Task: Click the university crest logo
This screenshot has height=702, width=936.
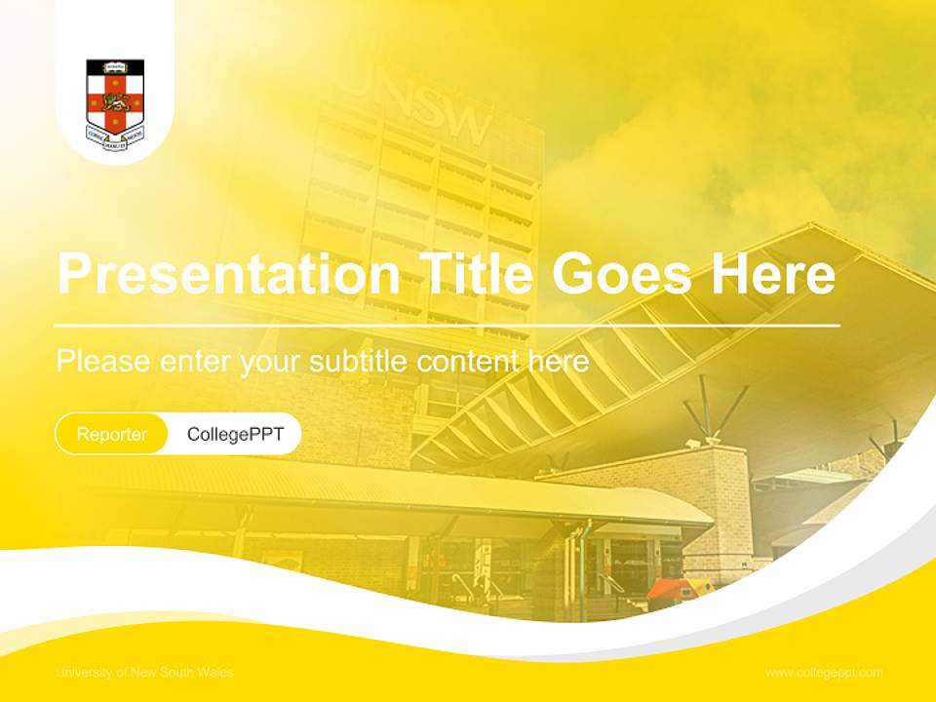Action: (x=115, y=97)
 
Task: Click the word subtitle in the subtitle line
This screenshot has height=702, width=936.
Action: (x=359, y=362)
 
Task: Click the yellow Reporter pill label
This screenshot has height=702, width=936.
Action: (x=112, y=434)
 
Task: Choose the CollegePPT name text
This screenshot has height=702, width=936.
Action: (x=235, y=434)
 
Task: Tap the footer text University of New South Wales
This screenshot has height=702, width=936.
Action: (x=144, y=673)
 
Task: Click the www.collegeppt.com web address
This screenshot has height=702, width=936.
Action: (x=824, y=673)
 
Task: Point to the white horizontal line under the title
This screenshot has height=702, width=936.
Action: (x=448, y=325)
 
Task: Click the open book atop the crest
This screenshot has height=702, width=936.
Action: (x=115, y=66)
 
